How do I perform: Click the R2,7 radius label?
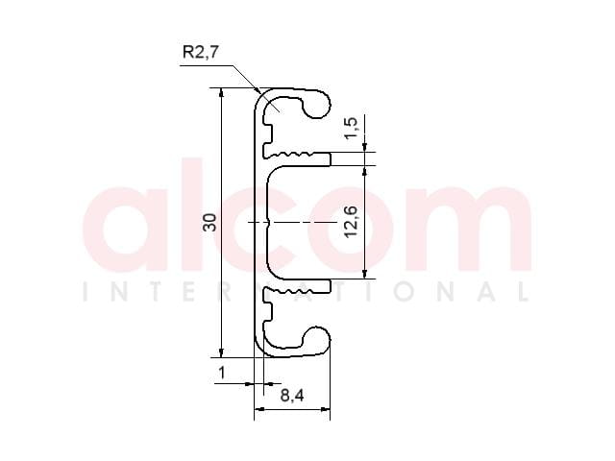coord(200,51)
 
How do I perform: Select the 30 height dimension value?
coord(209,222)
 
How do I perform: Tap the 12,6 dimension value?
coord(351,222)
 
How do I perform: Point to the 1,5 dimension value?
coord(351,128)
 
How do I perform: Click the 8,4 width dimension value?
coord(292,396)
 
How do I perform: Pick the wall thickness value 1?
coord(222,373)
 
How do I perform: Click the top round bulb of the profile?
coord(316,104)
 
